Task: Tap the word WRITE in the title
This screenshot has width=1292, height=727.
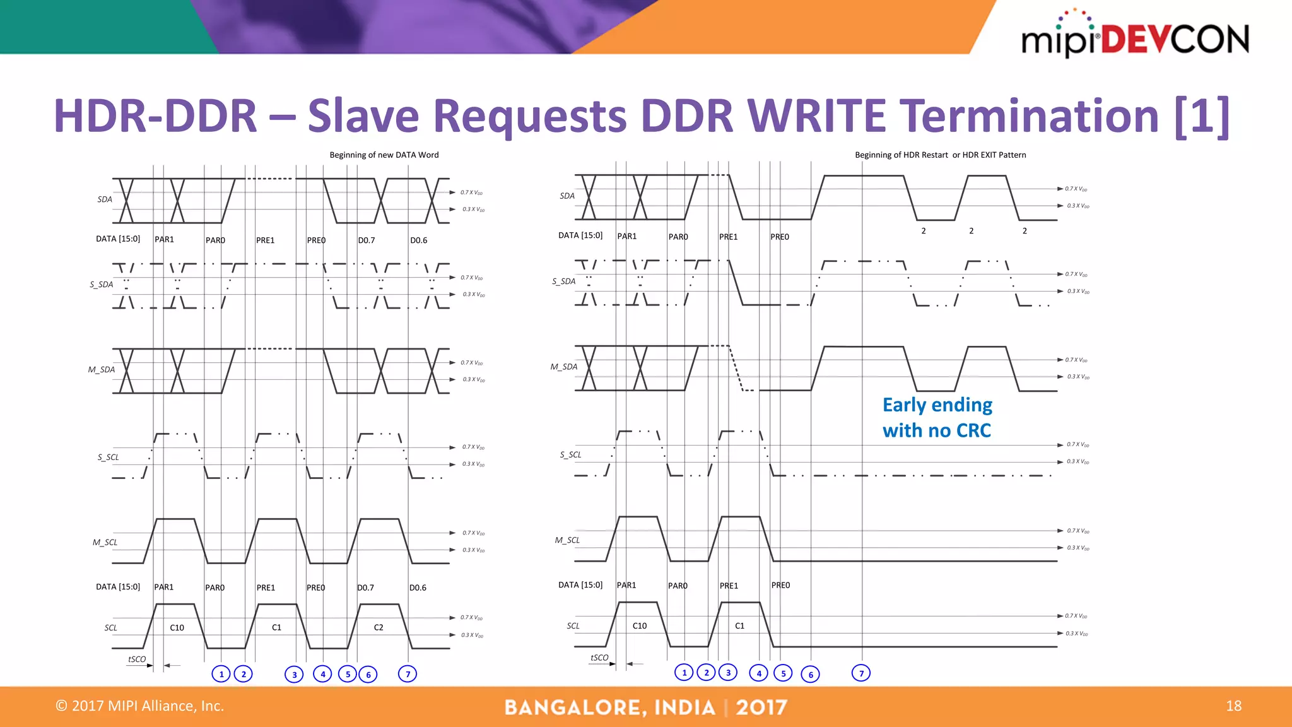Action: pos(817,116)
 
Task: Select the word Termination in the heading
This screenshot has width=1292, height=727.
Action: pos(1029,116)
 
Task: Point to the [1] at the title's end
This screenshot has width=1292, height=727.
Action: pos(1202,116)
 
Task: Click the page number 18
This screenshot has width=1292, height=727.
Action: pos(1233,706)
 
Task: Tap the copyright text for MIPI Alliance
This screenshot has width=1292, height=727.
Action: pos(140,706)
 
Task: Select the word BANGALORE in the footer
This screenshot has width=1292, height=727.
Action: pos(575,707)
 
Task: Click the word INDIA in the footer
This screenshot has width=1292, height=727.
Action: pos(685,707)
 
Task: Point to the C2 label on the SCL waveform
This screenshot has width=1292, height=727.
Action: pos(379,627)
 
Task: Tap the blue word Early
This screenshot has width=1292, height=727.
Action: pos(905,405)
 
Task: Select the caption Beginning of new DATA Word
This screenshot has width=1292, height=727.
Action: pos(384,155)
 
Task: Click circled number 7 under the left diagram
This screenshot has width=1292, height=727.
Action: pos(408,674)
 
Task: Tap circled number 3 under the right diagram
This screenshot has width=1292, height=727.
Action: pos(728,673)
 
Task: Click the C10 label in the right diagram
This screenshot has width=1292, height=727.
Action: pos(639,625)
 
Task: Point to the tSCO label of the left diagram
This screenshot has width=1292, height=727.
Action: pos(137,659)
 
